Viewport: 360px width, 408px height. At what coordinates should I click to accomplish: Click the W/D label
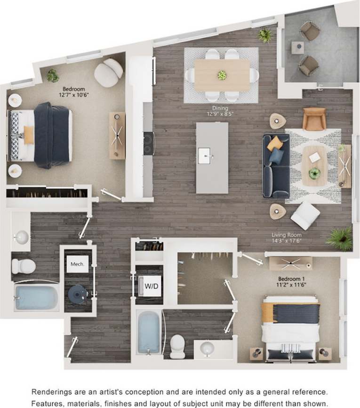click(151, 286)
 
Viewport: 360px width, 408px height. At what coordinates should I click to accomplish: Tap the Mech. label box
click(77, 264)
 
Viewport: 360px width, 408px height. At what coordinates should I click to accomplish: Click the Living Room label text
click(286, 235)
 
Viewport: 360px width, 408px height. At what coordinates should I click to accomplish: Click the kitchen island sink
click(204, 155)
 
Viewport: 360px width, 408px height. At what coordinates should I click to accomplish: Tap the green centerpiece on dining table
click(222, 75)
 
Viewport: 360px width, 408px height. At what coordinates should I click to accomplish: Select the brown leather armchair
click(314, 118)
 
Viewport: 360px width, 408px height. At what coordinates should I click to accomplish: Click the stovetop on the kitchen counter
click(149, 143)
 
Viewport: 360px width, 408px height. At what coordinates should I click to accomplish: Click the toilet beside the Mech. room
click(23, 266)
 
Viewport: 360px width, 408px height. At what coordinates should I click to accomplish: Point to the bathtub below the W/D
click(149, 331)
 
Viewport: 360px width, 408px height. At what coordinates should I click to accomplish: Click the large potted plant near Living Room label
click(340, 238)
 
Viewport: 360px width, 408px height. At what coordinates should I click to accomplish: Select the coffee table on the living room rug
click(314, 165)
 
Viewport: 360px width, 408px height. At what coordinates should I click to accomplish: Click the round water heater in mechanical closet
click(77, 294)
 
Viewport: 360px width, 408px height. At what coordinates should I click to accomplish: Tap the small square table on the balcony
click(297, 48)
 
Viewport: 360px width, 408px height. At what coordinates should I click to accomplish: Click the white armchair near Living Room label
click(305, 215)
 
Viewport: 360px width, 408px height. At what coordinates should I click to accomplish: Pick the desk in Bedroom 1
click(290, 263)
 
